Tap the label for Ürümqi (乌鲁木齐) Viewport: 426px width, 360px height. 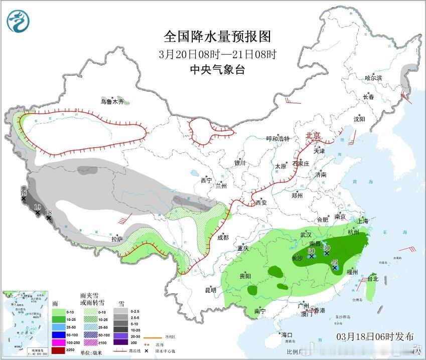[111, 101]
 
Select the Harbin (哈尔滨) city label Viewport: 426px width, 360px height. [373, 78]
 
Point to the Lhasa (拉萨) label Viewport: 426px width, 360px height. [117, 239]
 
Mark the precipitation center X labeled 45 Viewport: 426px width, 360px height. [335, 268]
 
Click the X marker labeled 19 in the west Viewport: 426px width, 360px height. [38, 213]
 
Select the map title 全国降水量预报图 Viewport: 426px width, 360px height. [217, 37]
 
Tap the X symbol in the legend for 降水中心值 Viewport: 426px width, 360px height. [147, 351]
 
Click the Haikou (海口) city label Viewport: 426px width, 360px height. [287, 334]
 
